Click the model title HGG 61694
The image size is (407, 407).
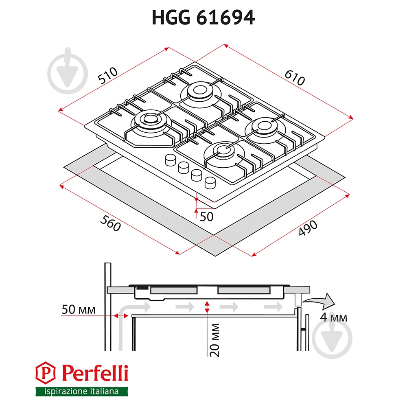(203, 17)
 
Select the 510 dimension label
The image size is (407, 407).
(107, 75)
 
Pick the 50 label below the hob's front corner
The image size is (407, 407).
(206, 217)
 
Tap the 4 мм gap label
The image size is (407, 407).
(333, 317)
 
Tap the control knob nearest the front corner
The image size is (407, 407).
(211, 182)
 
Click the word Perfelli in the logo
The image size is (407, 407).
(95, 373)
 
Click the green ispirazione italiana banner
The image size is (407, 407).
(81, 392)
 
